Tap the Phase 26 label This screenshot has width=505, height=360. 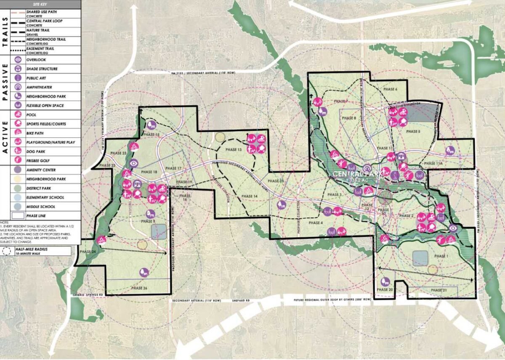click(x=139, y=288)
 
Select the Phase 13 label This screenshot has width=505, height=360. click(x=234, y=150)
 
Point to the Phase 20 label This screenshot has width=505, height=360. click(x=385, y=290)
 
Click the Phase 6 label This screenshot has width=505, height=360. click(x=390, y=89)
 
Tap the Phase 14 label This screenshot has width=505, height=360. click(x=250, y=196)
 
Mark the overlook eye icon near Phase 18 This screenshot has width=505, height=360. click(x=133, y=164)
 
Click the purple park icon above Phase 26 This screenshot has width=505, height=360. click(x=144, y=272)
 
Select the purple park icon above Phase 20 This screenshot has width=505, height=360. click(x=384, y=282)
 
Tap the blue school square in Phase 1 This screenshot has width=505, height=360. click(x=420, y=258)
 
